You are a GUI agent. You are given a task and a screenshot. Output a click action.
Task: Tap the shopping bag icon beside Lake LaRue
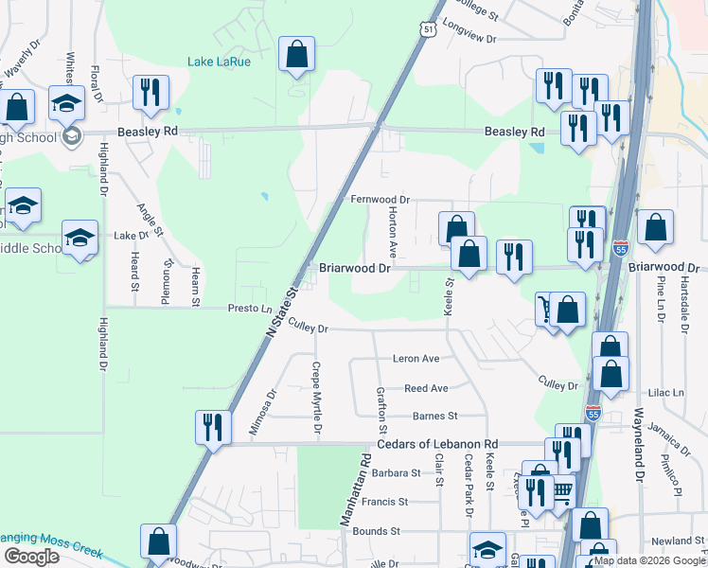296,56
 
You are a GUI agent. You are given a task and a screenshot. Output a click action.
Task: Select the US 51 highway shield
431,30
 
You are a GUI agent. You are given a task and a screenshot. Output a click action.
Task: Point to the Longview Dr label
469,33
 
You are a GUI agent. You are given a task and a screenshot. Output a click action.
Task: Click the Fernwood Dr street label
380,200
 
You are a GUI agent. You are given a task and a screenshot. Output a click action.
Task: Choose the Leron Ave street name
416,359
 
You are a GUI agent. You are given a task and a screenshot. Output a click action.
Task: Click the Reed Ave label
426,389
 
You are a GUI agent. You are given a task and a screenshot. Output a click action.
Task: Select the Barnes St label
434,416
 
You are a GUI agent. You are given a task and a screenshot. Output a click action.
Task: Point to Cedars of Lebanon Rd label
438,444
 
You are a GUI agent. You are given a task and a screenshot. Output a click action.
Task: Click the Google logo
31,557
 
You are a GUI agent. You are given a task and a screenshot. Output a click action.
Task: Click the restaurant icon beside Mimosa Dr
213,427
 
